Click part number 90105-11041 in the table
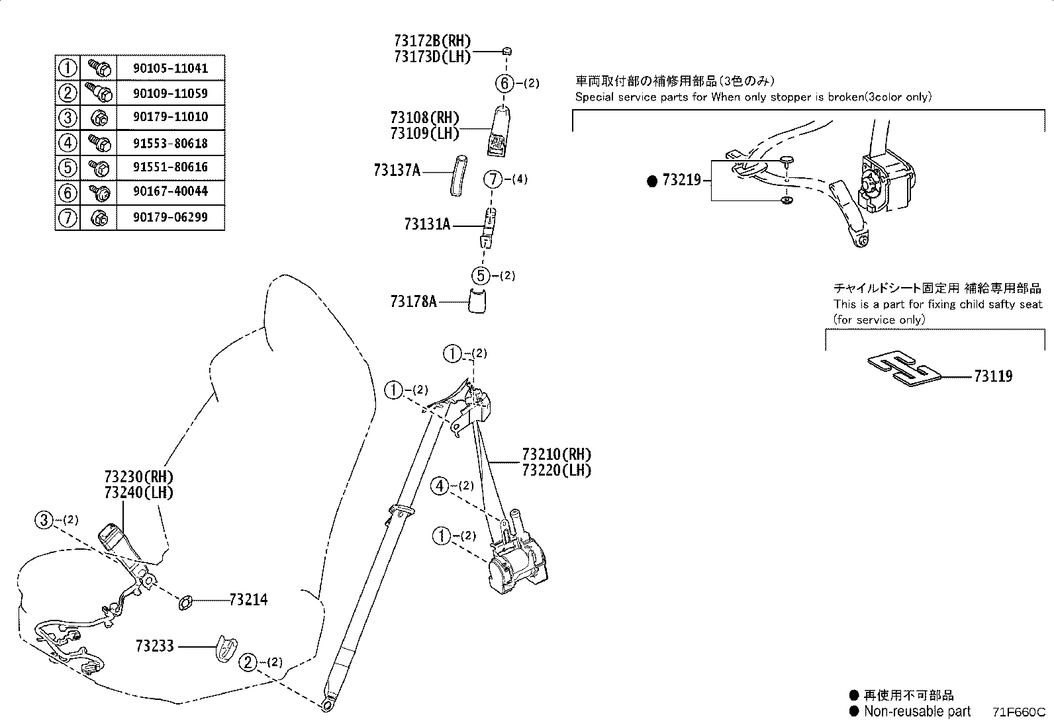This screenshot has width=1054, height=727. coord(171,67)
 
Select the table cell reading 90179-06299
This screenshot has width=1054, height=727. coord(171,217)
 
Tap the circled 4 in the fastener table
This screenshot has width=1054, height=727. coord(67,142)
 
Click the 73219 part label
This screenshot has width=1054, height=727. coord(681,179)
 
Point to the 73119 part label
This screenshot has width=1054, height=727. coord(992,376)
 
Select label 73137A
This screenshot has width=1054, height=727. coord(397,171)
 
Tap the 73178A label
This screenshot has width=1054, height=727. coord(413,302)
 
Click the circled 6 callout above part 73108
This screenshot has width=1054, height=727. coord(504,83)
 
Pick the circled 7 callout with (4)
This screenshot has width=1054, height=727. coord(493,179)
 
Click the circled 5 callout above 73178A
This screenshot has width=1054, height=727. coord(481,275)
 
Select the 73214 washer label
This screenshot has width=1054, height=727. coord(248,600)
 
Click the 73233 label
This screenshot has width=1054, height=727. coord(154,646)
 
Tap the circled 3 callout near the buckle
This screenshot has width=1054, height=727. coord(44,520)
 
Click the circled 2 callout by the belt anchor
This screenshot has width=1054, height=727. coord(248,662)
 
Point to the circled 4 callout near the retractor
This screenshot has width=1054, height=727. coord(440,486)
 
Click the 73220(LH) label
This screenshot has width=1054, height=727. coord(556,470)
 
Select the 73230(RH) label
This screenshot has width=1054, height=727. coord(138,477)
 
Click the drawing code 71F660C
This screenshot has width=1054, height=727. coord(1018,712)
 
